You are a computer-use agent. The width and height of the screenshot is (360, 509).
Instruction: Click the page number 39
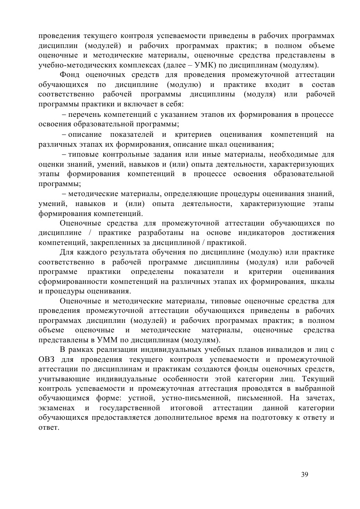[x=304, y=474]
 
